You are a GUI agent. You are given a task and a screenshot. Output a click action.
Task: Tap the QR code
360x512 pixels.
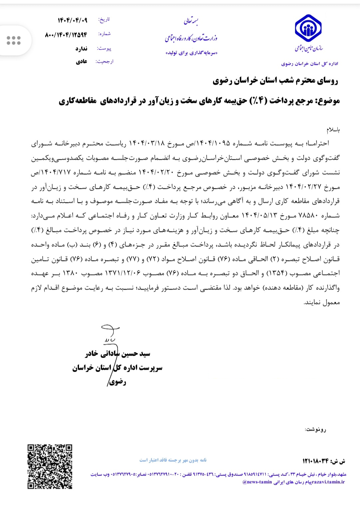[50, 467]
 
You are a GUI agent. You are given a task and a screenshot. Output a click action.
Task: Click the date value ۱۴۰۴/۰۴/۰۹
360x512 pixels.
[72, 20]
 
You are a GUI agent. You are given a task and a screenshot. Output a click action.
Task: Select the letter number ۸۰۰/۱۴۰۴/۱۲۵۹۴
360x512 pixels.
[66, 35]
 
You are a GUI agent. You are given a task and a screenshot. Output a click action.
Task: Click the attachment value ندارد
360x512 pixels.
[81, 49]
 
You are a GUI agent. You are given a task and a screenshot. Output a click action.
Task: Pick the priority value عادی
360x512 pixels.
[82, 62]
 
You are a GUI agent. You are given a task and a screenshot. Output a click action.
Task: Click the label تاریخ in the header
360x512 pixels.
[104, 20]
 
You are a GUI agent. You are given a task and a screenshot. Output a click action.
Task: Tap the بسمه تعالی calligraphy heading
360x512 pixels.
[191, 22]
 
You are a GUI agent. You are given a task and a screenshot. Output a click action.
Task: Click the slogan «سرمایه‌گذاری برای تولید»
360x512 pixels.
[191, 53]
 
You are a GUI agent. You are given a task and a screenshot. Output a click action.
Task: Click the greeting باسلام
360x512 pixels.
[333, 129]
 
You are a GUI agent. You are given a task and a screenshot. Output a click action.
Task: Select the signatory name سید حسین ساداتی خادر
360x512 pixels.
[118, 354]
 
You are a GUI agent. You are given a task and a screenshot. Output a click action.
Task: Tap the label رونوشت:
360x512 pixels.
[315, 429]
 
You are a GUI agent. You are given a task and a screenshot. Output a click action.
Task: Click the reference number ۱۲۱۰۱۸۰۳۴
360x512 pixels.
[316, 461]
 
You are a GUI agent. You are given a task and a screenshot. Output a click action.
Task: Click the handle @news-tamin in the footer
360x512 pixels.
[257, 482]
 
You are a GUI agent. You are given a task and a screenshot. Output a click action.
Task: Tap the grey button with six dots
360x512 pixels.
[14, 40]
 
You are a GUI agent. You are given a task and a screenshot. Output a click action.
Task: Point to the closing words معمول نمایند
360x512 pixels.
[322, 302]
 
